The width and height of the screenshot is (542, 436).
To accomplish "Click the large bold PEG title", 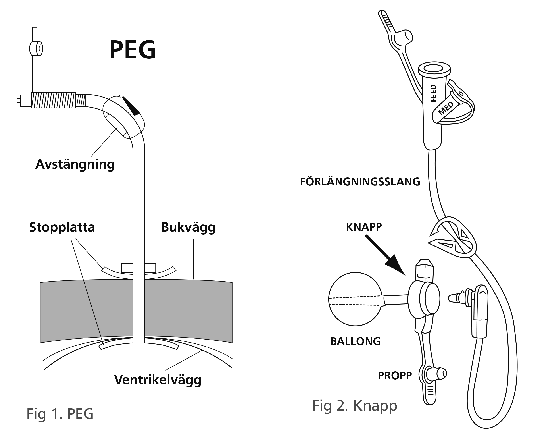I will tap(133, 50).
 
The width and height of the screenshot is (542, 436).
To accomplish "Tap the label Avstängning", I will tap(75, 164).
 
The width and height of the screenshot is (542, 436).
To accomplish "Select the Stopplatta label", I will tap(62, 227).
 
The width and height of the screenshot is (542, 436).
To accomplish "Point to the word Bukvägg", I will tap(188, 227).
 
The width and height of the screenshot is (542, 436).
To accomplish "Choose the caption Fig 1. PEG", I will tap(60, 413).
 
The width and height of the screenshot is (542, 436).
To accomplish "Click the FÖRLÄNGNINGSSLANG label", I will tap(360, 182).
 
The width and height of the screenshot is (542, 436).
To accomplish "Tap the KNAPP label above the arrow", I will tap(363, 227).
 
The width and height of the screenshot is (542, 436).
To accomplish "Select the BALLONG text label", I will tap(355, 341).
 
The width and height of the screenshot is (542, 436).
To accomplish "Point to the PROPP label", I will tap(395, 376).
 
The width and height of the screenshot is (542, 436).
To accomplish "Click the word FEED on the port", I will tap(433, 93).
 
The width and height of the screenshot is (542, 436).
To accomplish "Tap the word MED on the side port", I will tap(446, 109).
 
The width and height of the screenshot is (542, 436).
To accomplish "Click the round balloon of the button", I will tap(355, 299).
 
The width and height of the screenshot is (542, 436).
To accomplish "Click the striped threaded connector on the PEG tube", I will tap(54, 100).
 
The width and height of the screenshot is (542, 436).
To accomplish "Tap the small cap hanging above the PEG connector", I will tap(36, 48).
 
